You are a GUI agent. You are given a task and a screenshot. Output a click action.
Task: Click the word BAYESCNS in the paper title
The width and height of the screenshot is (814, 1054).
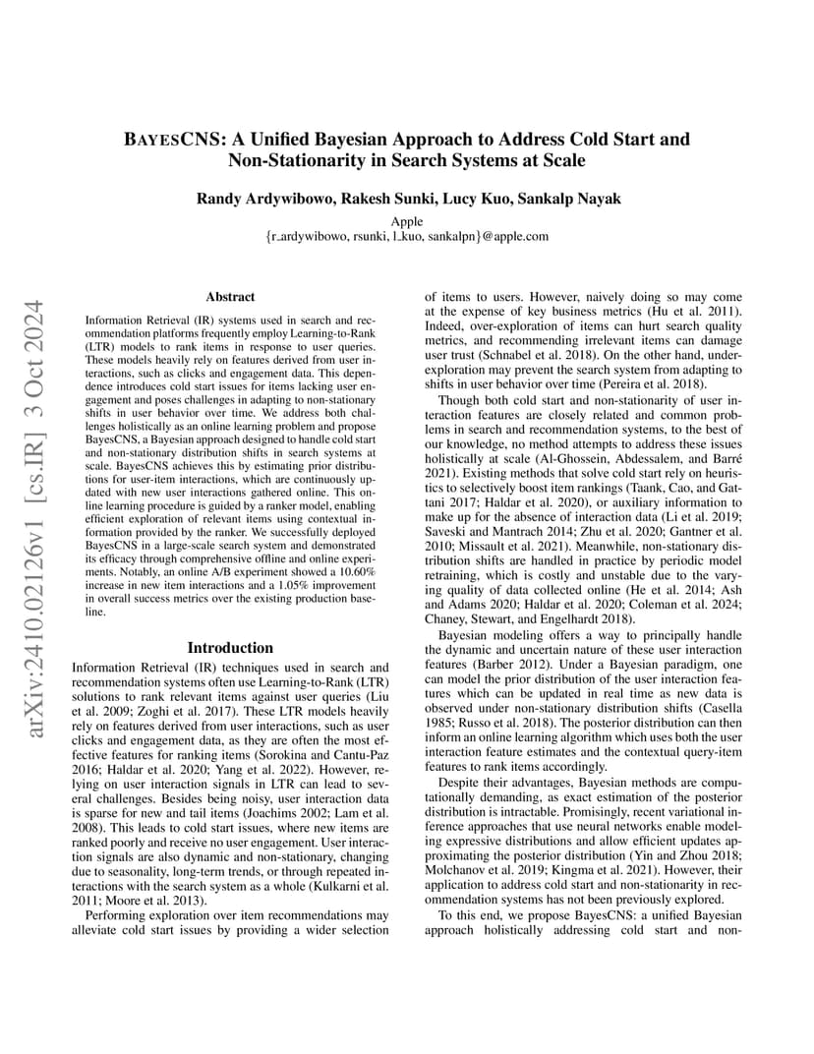coord(166,140)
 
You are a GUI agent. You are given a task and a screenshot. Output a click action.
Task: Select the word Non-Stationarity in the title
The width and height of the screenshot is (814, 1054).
coord(289,159)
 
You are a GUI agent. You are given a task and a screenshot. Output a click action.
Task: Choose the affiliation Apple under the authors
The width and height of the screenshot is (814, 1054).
coord(406,221)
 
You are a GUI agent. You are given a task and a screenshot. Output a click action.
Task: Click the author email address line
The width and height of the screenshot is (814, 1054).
coord(406,236)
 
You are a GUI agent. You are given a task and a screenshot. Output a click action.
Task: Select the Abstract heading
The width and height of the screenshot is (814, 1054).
coord(230,296)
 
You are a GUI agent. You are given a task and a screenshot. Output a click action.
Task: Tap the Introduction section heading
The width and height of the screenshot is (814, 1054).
coord(230,648)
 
